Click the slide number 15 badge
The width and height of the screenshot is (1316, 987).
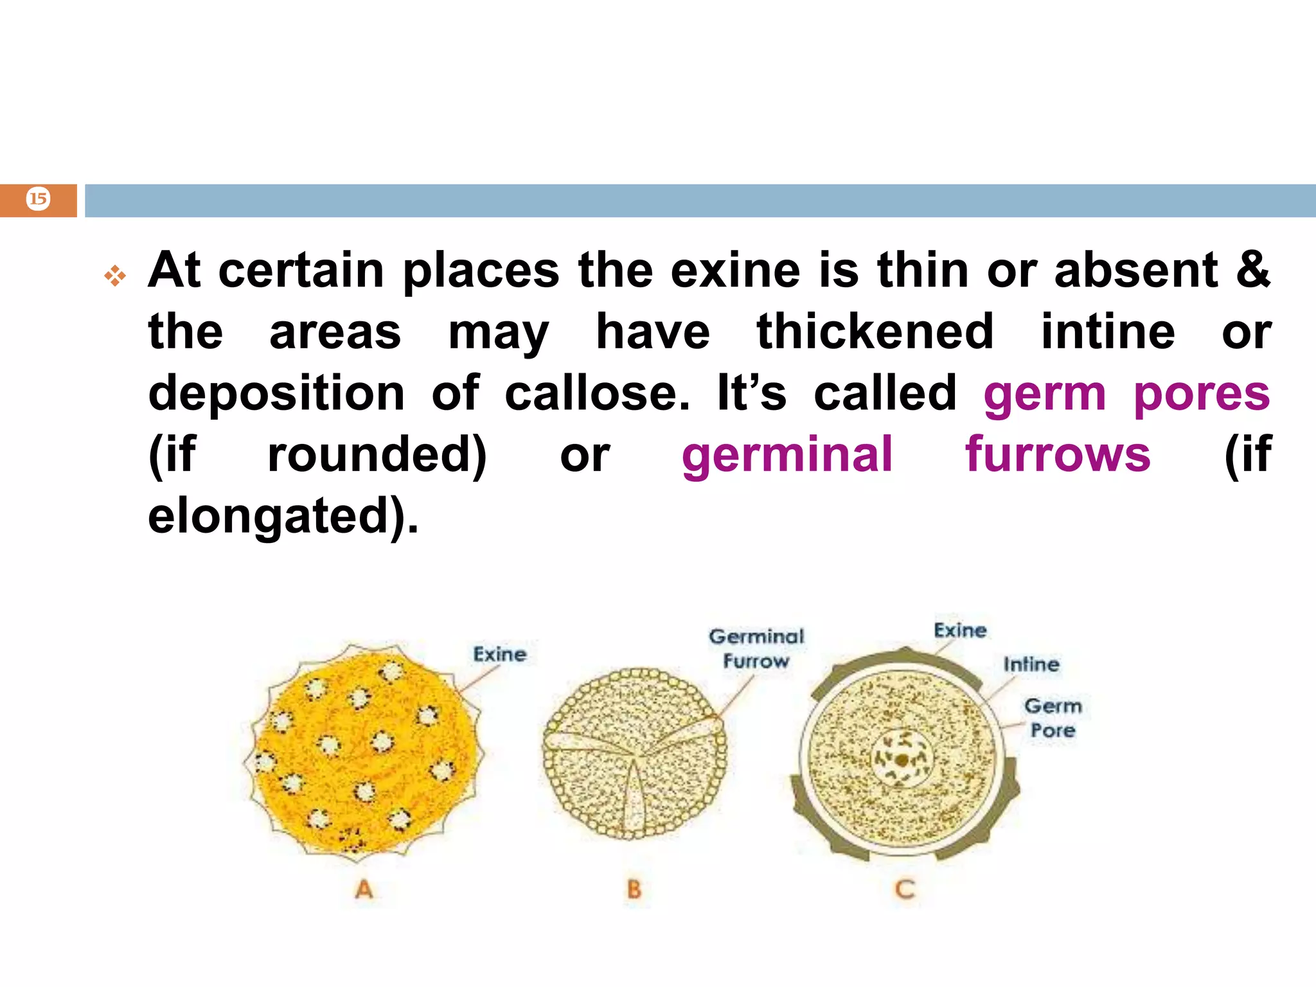click(38, 199)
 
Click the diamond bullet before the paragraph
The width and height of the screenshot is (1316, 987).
click(116, 276)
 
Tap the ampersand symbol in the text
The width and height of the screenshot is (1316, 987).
click(1252, 270)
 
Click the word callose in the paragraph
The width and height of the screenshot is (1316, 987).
click(597, 393)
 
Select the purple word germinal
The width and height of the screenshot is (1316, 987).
click(787, 455)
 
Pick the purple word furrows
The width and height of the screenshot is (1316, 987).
click(1058, 455)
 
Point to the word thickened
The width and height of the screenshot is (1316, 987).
click(875, 332)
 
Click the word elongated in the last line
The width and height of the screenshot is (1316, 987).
click(276, 517)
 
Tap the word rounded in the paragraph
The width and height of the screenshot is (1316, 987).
click(377, 455)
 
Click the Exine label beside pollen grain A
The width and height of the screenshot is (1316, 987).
click(500, 654)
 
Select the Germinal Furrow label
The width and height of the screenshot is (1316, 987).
click(756, 648)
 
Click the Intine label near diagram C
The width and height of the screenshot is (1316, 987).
click(1031, 664)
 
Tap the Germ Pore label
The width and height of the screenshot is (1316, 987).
click(1053, 718)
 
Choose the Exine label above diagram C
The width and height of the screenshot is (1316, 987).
click(960, 630)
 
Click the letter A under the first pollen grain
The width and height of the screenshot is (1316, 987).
click(364, 889)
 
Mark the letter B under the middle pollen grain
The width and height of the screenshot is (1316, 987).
click(634, 889)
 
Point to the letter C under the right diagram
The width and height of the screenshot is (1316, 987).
click(904, 889)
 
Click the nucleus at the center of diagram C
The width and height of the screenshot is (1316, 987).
click(902, 760)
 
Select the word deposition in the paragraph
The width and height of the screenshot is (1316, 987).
click(276, 393)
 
